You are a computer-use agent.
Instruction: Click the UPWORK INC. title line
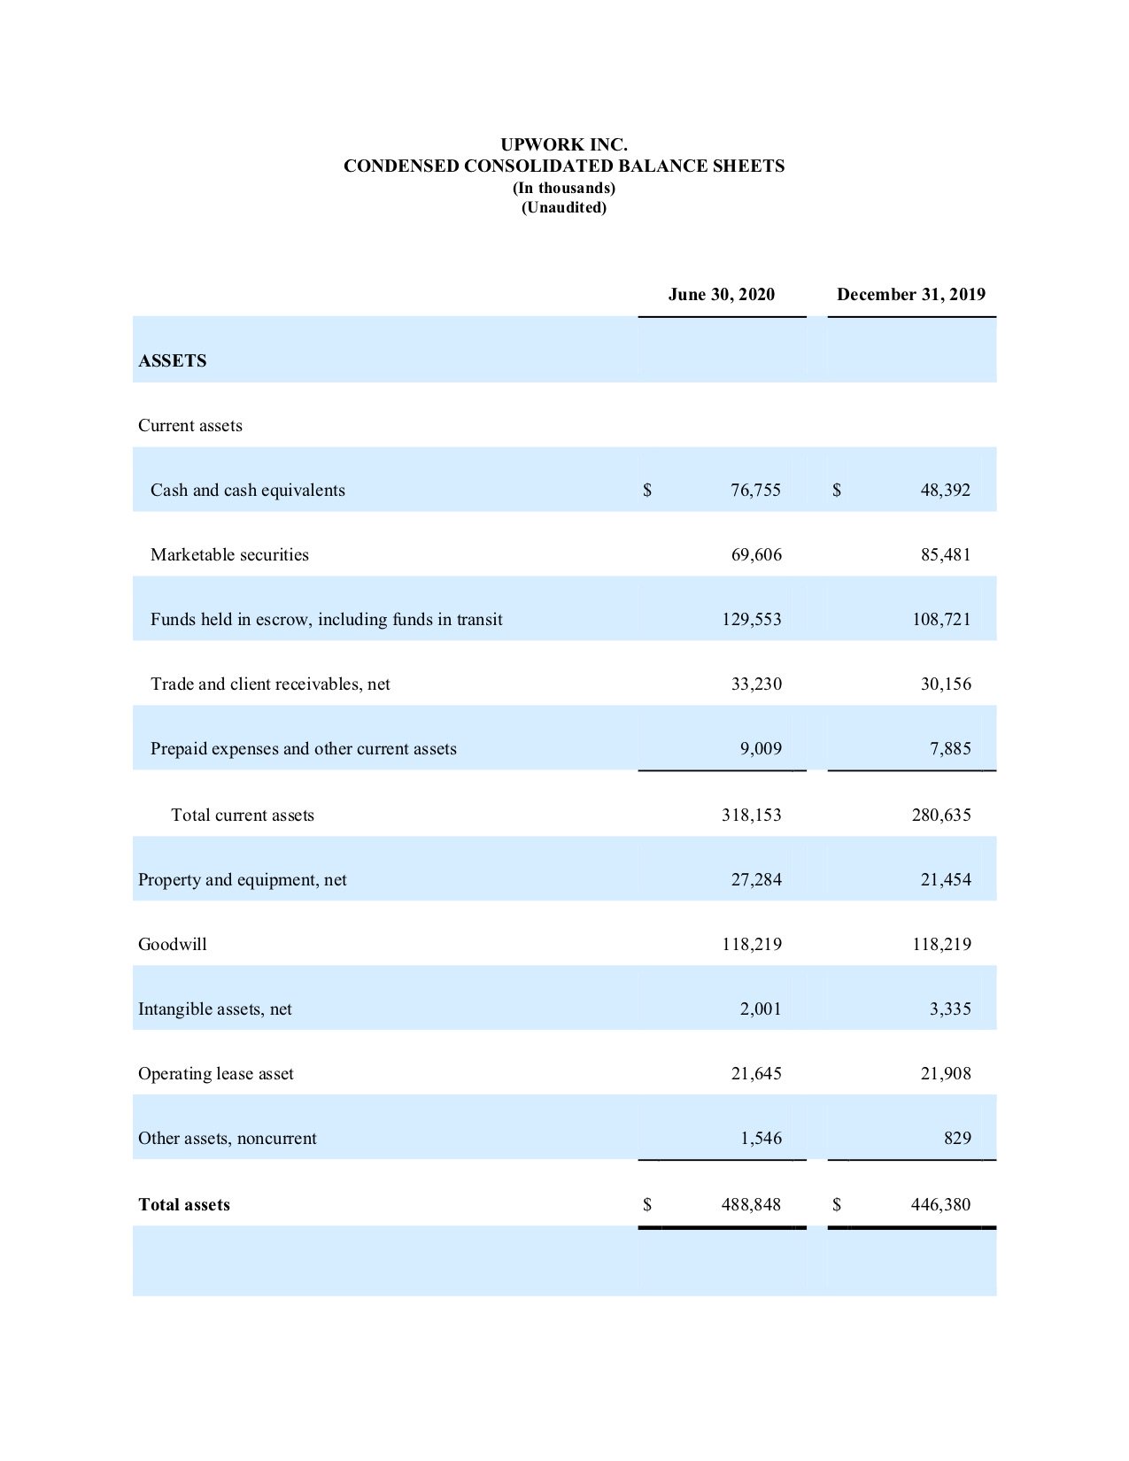pos(564,144)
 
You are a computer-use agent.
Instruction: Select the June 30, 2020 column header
pos(721,295)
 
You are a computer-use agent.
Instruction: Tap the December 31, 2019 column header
pos(910,295)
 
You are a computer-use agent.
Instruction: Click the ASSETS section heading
pos(173,361)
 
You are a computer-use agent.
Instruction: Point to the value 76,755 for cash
pos(755,491)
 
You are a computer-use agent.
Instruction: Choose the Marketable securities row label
pos(229,555)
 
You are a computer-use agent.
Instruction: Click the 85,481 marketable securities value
pos(945,555)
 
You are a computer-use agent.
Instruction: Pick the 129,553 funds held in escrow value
pos(751,620)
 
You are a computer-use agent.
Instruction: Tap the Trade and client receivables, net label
pos(270,684)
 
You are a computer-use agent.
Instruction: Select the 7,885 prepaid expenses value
pos(949,749)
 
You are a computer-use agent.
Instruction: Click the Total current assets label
pos(243,816)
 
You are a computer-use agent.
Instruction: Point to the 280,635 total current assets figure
pos(941,816)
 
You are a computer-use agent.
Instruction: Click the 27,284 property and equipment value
pos(755,880)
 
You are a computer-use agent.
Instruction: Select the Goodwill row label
pos(173,945)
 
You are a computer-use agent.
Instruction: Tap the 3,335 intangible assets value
pos(949,1009)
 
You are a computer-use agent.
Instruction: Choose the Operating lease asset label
pos(216,1074)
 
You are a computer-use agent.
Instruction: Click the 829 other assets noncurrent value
pos(956,1139)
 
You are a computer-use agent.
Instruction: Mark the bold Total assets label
pos(184,1205)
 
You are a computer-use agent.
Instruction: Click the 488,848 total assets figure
pos(751,1205)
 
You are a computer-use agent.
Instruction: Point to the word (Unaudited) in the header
pos(564,208)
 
